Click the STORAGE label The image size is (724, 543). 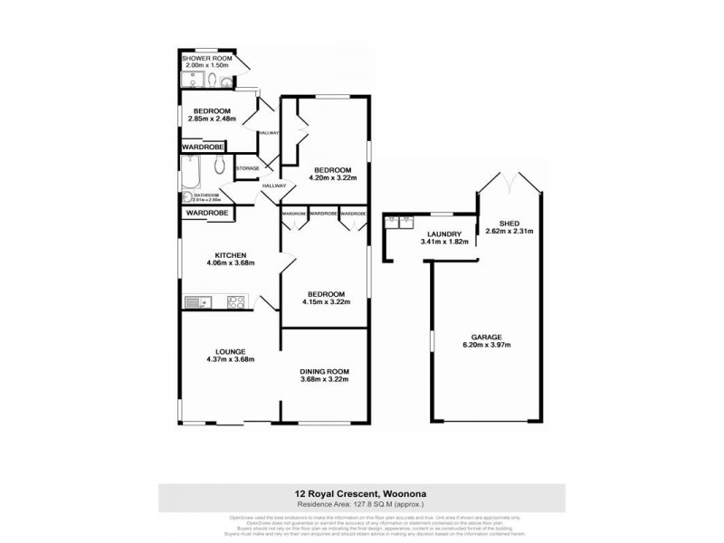[x=248, y=168]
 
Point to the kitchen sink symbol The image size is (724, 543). [x=196, y=301]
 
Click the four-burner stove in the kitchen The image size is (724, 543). [x=236, y=301]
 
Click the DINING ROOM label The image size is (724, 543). [x=324, y=371]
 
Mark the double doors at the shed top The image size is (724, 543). [x=510, y=179]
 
